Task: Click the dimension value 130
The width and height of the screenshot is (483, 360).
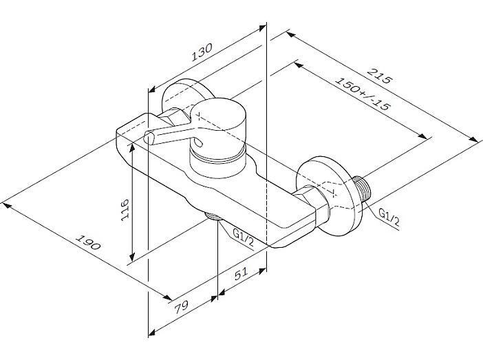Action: (202, 52)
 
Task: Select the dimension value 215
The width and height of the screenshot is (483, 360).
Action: (380, 76)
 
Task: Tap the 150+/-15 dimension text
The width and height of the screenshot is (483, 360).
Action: (363, 94)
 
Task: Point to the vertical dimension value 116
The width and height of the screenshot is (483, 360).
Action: (125, 209)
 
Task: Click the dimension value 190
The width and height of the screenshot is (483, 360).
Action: (88, 242)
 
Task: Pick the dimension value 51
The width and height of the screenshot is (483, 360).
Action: (241, 274)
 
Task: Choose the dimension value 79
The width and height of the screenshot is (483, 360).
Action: (181, 307)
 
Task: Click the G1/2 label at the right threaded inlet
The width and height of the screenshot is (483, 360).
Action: (389, 217)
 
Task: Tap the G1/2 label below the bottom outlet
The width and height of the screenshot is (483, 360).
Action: (244, 237)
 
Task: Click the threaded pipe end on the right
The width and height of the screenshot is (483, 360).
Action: (362, 189)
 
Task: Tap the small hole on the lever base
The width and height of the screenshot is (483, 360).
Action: (199, 142)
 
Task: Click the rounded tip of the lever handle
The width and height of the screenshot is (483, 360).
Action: (148, 137)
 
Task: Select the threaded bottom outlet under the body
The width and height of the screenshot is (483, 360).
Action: (213, 216)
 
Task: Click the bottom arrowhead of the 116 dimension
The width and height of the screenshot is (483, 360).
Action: (132, 257)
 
